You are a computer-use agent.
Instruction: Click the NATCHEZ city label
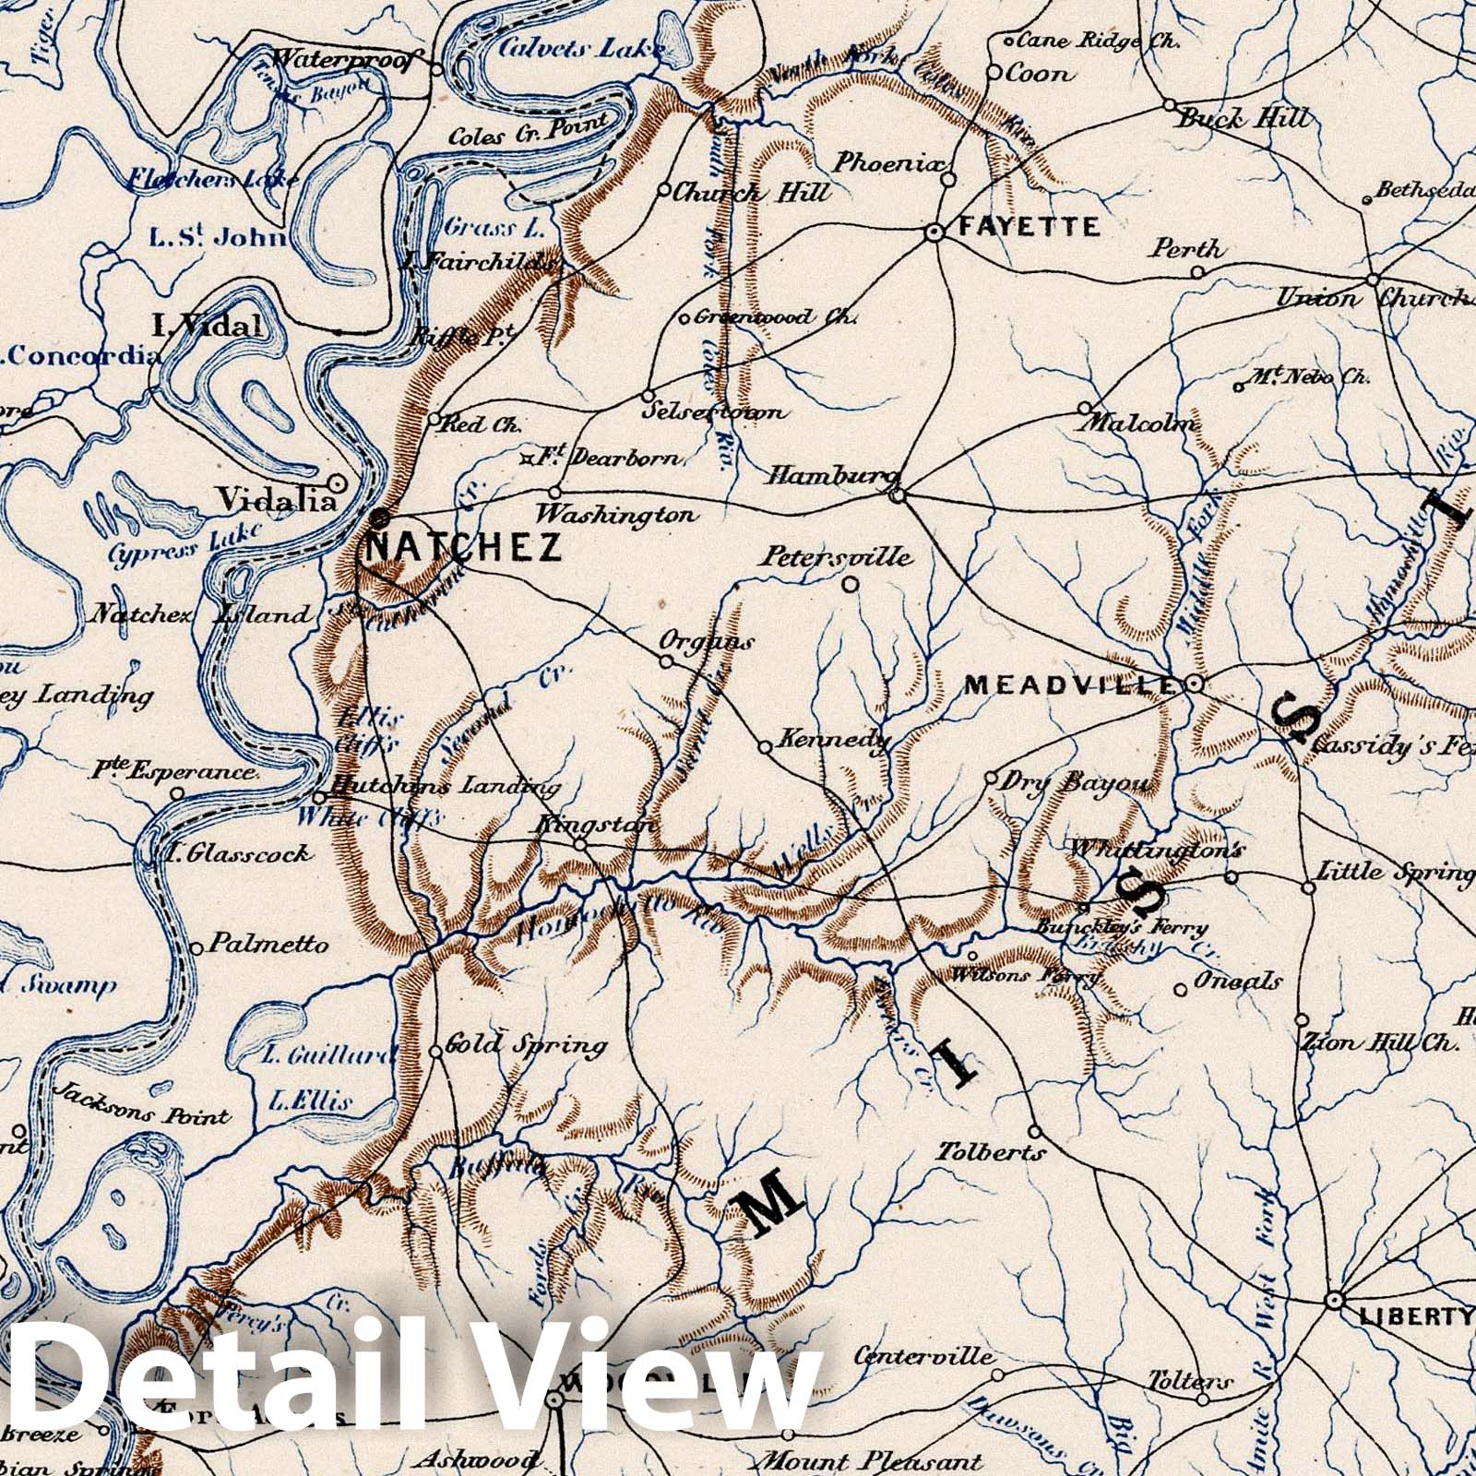(x=463, y=548)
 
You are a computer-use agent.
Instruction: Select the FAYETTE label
(x=1029, y=227)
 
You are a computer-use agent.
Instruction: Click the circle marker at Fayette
(x=934, y=234)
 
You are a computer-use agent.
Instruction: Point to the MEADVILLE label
(x=1070, y=684)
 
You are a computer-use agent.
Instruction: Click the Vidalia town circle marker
(x=338, y=482)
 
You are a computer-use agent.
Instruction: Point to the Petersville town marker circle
(x=851, y=583)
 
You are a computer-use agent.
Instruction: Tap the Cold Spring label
(x=526, y=1045)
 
